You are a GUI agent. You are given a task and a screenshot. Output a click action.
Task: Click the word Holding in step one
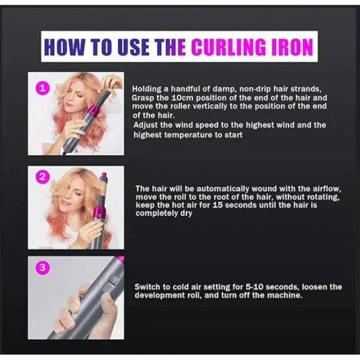pyautogui.click(x=148, y=88)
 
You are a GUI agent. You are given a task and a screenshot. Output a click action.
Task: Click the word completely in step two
pyautogui.click(x=157, y=214)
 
